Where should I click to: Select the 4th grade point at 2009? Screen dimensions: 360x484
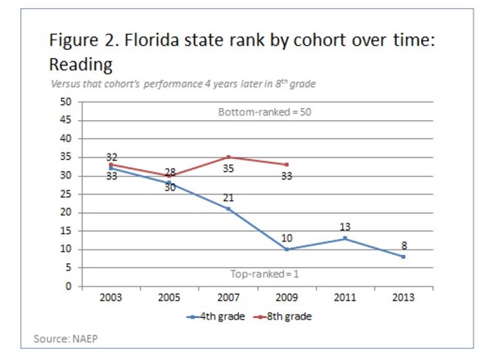286,249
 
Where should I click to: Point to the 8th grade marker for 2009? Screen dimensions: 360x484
286,165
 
